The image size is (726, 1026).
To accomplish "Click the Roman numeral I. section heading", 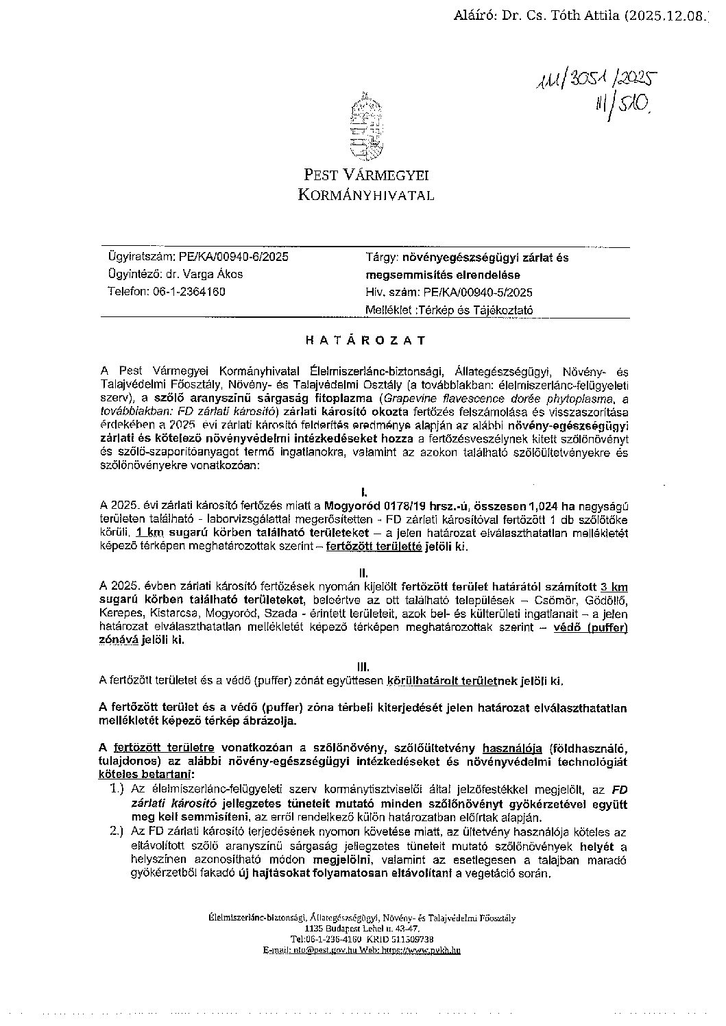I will pyautogui.click(x=365, y=492).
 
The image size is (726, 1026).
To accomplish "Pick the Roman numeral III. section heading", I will pyautogui.click(x=365, y=666).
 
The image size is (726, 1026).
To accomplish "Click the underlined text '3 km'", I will pyautogui.click(x=614, y=587).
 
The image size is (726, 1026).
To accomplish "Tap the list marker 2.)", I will pyautogui.click(x=117, y=831).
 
